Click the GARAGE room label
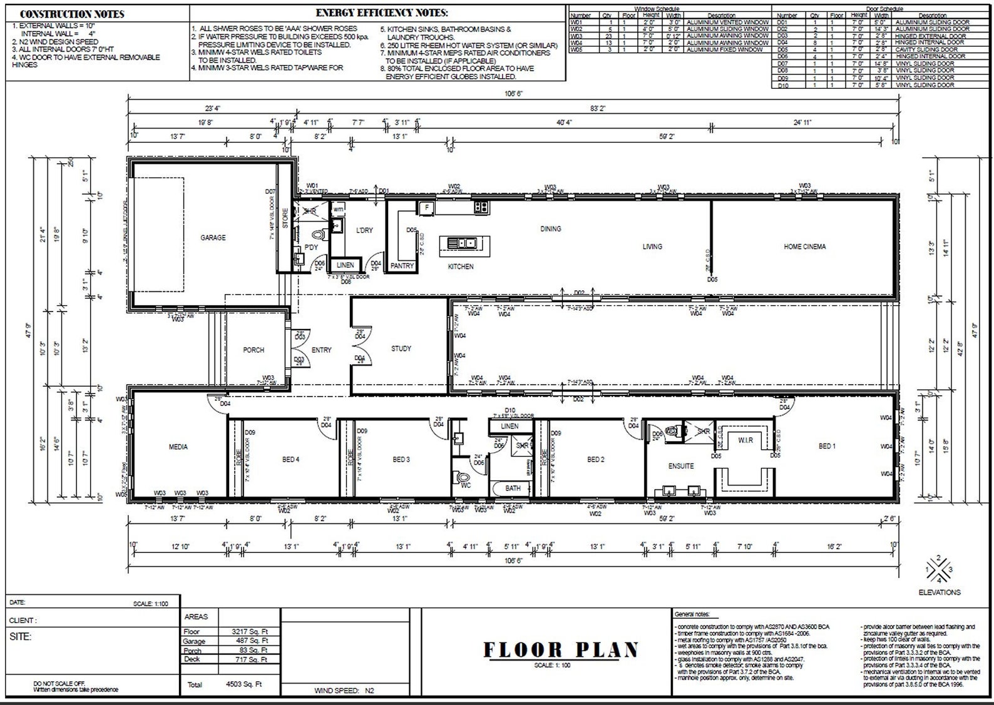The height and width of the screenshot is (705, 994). pyautogui.click(x=213, y=238)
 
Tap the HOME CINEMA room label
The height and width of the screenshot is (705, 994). pyautogui.click(x=804, y=246)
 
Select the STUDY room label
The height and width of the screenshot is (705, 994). pyautogui.click(x=401, y=348)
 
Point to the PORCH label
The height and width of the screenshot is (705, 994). pyautogui.click(x=254, y=350)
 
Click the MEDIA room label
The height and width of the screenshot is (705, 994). pyautogui.click(x=178, y=447)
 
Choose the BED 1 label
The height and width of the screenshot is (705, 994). pyautogui.click(x=827, y=446)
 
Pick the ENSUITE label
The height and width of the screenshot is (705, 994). pyautogui.click(x=681, y=466)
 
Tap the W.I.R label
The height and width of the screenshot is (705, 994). pyautogui.click(x=745, y=440)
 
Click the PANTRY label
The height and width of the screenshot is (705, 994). pyautogui.click(x=402, y=266)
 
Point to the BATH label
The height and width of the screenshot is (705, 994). pyautogui.click(x=513, y=488)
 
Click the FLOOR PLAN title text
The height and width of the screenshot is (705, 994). pyautogui.click(x=560, y=650)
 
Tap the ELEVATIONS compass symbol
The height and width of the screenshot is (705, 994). pyautogui.click(x=939, y=569)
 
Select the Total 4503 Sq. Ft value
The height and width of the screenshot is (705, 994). pyautogui.click(x=243, y=684)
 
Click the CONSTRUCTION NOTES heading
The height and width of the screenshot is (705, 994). pyautogui.click(x=72, y=14)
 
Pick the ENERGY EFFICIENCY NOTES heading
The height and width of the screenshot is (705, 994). pyautogui.click(x=382, y=13)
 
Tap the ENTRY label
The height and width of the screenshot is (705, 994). pyautogui.click(x=321, y=350)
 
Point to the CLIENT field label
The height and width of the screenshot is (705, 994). pyautogui.click(x=23, y=621)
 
